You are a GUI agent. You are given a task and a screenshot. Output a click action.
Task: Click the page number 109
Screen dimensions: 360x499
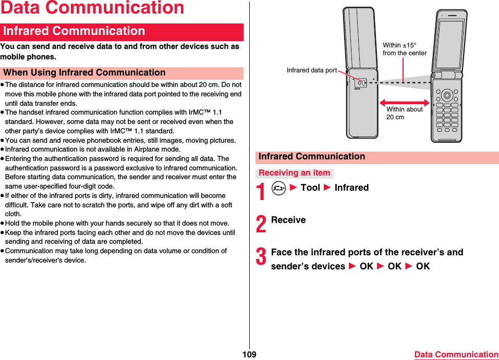pyautogui.click(x=249, y=355)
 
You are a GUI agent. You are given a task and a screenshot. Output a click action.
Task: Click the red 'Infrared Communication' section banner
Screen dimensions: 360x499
pyautogui.click(x=123, y=31)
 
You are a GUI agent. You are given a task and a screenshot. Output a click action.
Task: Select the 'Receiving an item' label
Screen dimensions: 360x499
pyautogui.click(x=295, y=173)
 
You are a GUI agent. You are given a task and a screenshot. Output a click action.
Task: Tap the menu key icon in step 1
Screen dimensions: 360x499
pyautogui.click(x=279, y=188)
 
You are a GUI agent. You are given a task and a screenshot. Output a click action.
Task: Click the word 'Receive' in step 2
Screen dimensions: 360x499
pyautogui.click(x=288, y=220)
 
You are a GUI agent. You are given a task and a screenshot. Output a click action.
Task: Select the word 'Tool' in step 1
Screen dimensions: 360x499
pyautogui.click(x=310, y=188)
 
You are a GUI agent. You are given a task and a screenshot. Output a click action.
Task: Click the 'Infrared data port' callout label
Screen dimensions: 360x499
pyautogui.click(x=312, y=70)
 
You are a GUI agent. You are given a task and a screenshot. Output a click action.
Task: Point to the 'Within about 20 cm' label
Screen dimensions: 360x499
pyautogui.click(x=404, y=113)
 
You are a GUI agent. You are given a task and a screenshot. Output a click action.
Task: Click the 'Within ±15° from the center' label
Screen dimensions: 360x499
pyautogui.click(x=404, y=49)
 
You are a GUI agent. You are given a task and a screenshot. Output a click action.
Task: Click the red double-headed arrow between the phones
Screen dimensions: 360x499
pyautogui.click(x=404, y=103)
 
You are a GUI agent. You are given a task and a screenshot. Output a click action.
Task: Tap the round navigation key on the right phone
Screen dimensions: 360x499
pyautogui.click(x=447, y=95)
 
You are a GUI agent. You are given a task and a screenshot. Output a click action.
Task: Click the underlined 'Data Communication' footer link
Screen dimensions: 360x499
pyautogui.click(x=456, y=355)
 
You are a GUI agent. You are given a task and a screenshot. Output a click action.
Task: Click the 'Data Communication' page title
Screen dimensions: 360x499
pyautogui.click(x=92, y=8)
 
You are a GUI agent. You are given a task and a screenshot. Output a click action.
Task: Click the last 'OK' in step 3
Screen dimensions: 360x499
pyautogui.click(x=423, y=266)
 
